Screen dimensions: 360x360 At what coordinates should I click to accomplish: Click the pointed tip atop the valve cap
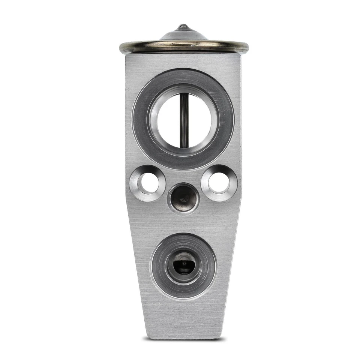click(x=183, y=27)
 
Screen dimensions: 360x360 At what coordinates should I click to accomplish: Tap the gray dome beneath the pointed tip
click(x=183, y=36)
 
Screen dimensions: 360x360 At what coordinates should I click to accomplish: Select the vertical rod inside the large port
click(x=184, y=120)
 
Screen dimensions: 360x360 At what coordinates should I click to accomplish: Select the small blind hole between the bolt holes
click(x=183, y=198)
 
